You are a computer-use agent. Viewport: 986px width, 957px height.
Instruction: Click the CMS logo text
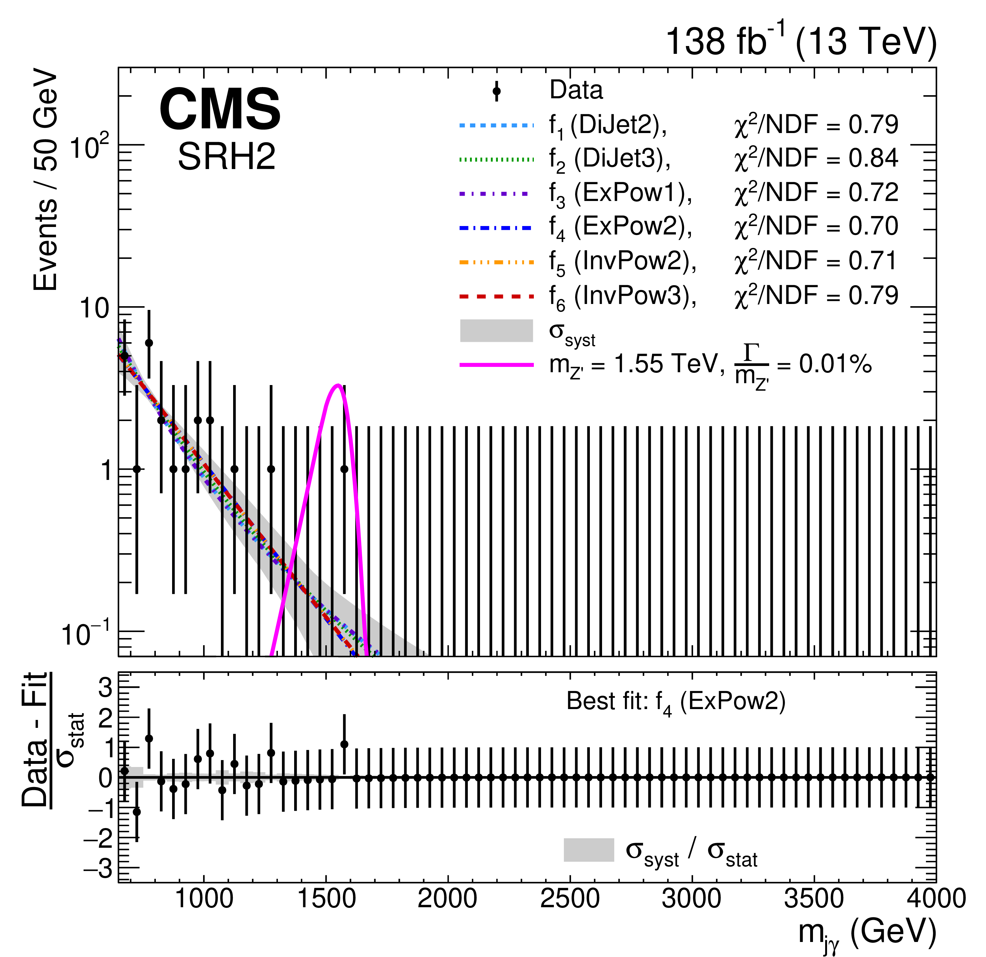coord(220,109)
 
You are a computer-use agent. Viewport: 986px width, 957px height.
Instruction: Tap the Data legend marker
coord(497,91)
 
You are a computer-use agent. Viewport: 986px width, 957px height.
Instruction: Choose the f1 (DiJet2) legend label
coord(608,125)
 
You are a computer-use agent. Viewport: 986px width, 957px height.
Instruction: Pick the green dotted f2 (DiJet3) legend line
coord(497,160)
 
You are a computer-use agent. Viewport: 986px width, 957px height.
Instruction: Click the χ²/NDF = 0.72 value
coord(816,193)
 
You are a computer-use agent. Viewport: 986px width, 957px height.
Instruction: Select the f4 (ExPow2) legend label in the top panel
coord(620,227)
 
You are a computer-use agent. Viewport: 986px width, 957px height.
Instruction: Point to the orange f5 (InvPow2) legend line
coord(497,262)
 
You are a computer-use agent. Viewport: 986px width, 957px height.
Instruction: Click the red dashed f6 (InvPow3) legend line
coord(497,296)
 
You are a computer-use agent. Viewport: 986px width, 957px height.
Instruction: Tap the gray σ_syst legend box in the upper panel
coord(497,331)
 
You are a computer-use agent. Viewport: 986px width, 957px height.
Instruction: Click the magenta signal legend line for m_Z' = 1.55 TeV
coord(497,365)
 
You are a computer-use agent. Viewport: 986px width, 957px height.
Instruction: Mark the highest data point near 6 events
coord(149,343)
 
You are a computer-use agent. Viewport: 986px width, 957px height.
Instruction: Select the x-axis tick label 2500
coord(570,899)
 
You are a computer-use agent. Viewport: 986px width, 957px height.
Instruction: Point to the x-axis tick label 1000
coord(204,899)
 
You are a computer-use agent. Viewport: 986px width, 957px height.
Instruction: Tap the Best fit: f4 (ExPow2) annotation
coord(676,702)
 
